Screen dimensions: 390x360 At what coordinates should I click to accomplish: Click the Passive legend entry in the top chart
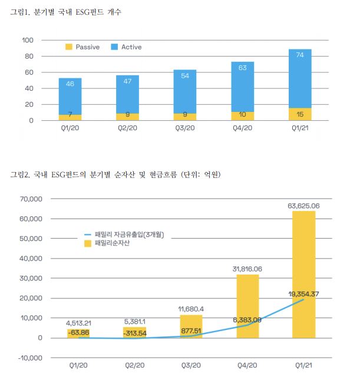pos(87,47)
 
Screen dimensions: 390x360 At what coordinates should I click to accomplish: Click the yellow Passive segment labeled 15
pos(299,114)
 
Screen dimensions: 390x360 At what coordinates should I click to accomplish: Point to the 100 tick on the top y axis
pos(27,40)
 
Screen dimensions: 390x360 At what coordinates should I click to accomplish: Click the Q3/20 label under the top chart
pos(185,128)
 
